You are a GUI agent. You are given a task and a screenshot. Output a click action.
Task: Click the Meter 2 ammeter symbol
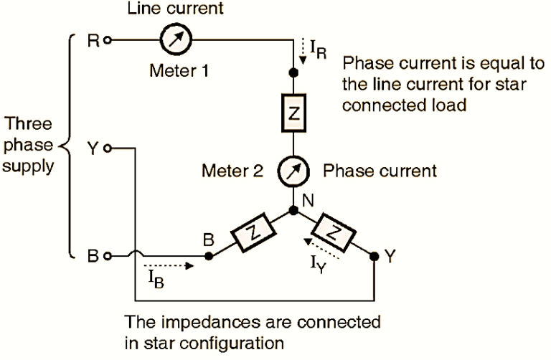[293, 172]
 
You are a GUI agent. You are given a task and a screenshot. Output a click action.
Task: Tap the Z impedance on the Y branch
[334, 232]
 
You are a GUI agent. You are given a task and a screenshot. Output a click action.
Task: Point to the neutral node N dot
[293, 212]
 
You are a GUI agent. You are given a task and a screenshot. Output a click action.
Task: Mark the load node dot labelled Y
[374, 255]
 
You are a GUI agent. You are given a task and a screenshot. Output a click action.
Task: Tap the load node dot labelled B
[209, 255]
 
